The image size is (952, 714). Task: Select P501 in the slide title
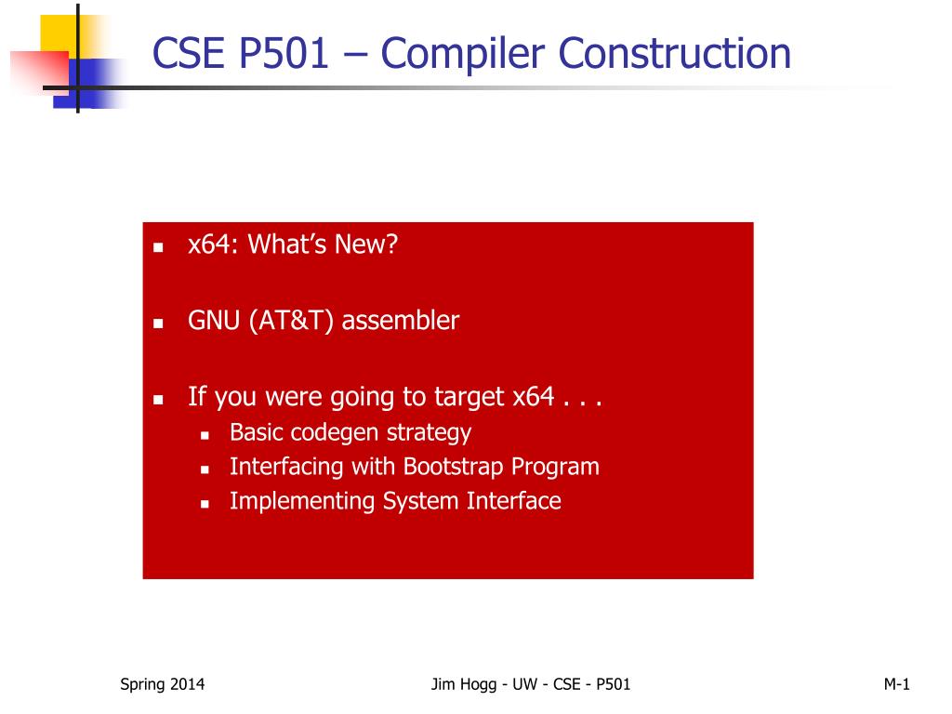point(284,53)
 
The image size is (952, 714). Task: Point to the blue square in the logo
point(91,83)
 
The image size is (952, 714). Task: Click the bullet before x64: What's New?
point(158,247)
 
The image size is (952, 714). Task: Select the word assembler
point(400,321)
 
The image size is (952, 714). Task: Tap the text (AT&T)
point(291,321)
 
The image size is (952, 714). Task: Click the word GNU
point(214,321)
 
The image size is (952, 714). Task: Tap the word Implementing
point(302,502)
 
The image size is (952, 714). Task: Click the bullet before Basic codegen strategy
point(205,435)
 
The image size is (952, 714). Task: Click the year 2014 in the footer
point(187,684)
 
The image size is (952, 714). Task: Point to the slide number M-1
point(897,684)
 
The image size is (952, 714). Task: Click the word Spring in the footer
point(142,685)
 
